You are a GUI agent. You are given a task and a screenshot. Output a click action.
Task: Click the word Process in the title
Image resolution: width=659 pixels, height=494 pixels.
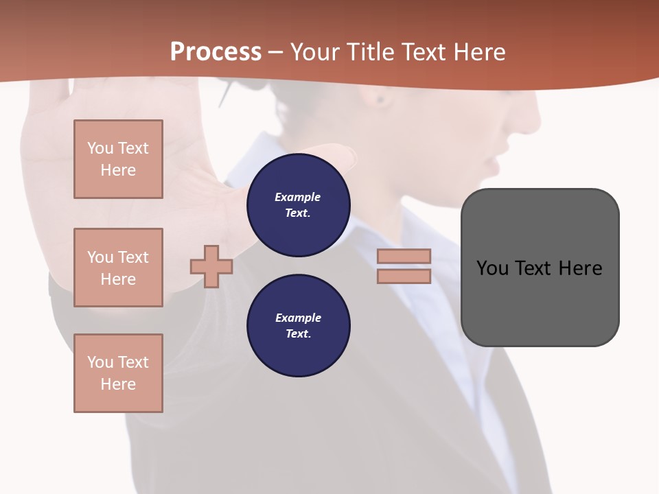coord(216,52)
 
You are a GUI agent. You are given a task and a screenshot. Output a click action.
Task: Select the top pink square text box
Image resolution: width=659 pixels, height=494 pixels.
coord(118,159)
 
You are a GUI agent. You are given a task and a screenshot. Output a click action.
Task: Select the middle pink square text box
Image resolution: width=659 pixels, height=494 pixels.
coord(118,268)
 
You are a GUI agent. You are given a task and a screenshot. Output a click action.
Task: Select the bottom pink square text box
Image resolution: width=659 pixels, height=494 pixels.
coord(118,373)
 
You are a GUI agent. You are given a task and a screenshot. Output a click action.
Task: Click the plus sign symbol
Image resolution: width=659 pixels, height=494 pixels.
coord(211,266)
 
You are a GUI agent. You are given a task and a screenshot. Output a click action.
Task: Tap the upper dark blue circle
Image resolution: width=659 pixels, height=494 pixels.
coord(298,205)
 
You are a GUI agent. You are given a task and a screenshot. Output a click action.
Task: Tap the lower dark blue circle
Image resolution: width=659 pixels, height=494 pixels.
coord(298,326)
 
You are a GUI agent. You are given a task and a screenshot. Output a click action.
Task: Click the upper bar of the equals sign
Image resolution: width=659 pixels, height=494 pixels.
coord(404,257)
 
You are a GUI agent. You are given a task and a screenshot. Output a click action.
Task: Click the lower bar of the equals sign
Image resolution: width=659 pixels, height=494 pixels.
coord(404,277)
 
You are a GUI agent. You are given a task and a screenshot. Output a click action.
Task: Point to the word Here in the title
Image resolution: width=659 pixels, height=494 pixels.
coord(479,52)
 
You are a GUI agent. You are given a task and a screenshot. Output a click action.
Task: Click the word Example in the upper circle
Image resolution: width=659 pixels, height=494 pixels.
coord(297,197)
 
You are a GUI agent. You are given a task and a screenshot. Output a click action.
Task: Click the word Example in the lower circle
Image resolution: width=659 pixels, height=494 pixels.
coord(298,318)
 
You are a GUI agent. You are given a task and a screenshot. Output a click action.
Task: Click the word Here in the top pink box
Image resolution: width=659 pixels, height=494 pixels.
coord(118,170)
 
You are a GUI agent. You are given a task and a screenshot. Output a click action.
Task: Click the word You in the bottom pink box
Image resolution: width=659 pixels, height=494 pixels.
coord(100,362)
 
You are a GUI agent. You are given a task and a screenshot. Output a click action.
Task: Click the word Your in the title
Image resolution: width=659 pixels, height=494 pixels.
coord(315,52)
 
